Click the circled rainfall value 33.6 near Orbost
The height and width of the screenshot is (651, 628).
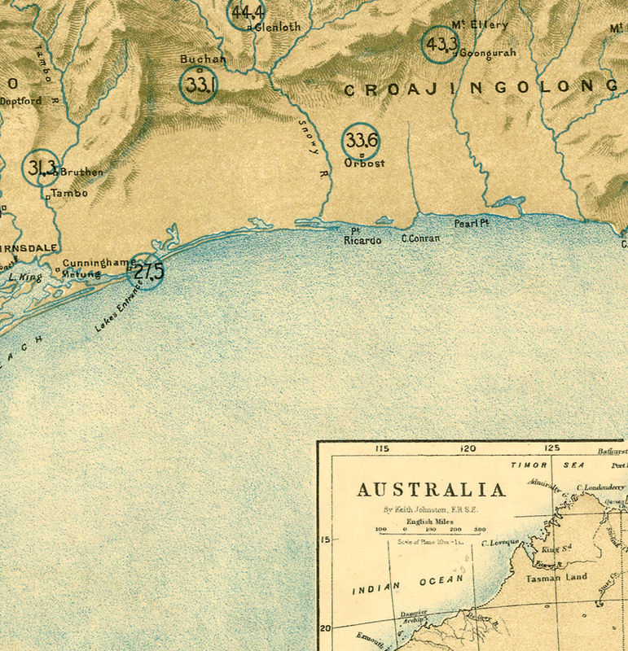point(360,141)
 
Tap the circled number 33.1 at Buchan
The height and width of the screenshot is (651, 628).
point(198,84)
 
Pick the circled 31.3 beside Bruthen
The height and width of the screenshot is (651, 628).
point(41,168)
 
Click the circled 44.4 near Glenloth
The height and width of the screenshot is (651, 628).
point(246,13)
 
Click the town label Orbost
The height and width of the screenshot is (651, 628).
point(364,163)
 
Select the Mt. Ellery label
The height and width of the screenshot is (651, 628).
point(479,24)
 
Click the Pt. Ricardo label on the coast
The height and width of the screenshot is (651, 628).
point(362,237)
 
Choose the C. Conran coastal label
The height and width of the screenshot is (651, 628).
point(420,238)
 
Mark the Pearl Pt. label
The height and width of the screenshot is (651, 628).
point(470,222)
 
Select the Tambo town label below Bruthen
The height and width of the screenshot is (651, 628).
point(69,194)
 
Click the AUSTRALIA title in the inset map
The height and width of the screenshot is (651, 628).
point(431,490)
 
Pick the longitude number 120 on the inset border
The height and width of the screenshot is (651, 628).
point(468,448)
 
